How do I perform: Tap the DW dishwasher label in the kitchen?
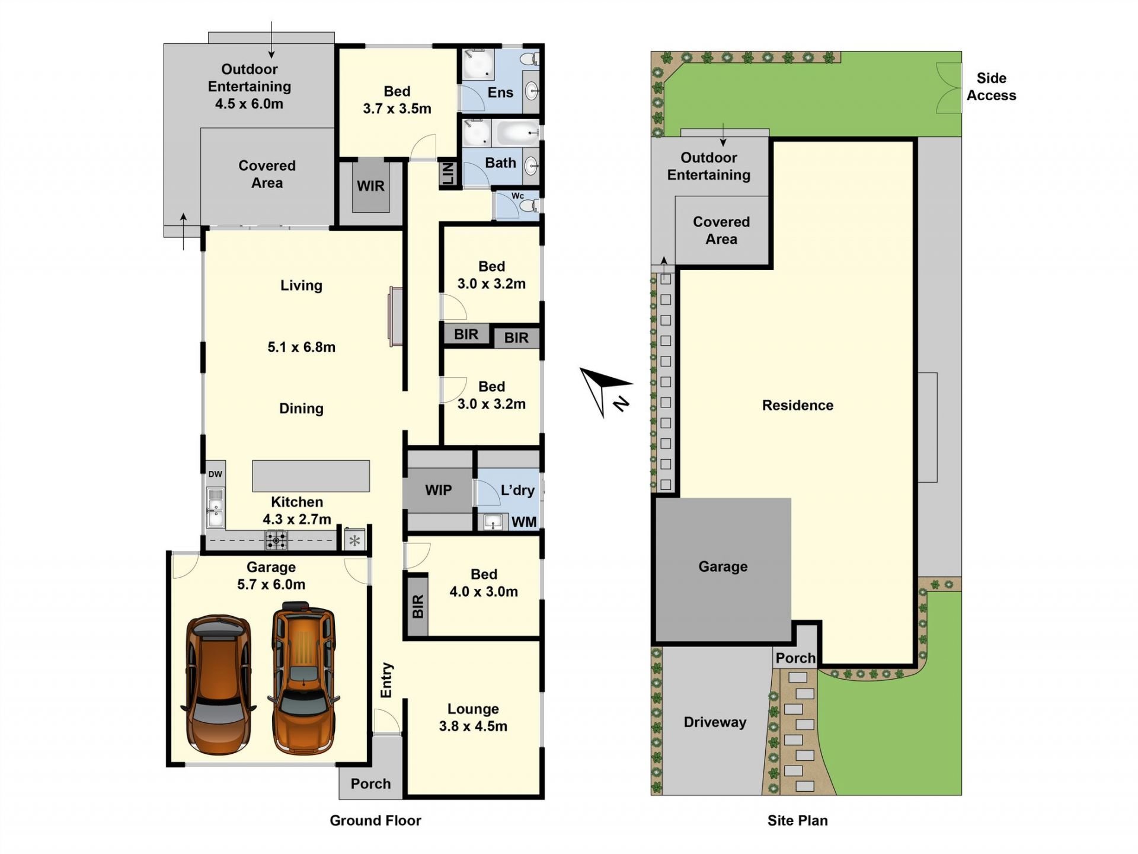[x=215, y=474]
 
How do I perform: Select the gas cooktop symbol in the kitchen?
[x=276, y=540]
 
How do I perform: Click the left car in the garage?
[x=219, y=684]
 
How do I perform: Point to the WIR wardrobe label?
[x=370, y=186]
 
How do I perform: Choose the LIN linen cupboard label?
[x=448, y=174]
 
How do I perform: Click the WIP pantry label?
[x=438, y=490]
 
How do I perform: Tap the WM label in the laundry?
[x=524, y=522]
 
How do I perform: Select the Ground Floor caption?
[x=375, y=820]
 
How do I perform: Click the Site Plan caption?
[x=797, y=820]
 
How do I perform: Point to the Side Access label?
[x=991, y=87]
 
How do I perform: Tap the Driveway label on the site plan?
[x=715, y=722]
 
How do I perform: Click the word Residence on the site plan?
[x=797, y=405]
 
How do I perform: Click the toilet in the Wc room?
[x=528, y=206]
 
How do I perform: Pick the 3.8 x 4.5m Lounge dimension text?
[x=473, y=726]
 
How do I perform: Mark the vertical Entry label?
[x=386, y=680]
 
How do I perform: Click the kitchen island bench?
[x=311, y=476]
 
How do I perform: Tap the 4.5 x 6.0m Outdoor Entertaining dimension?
[x=249, y=104]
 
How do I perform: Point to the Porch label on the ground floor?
[x=370, y=784]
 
